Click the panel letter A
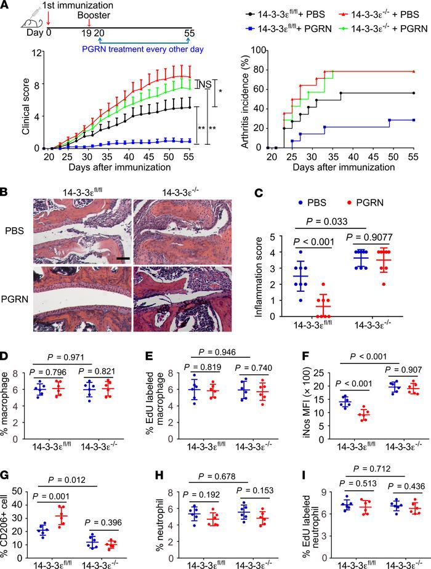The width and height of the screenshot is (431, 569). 6,6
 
